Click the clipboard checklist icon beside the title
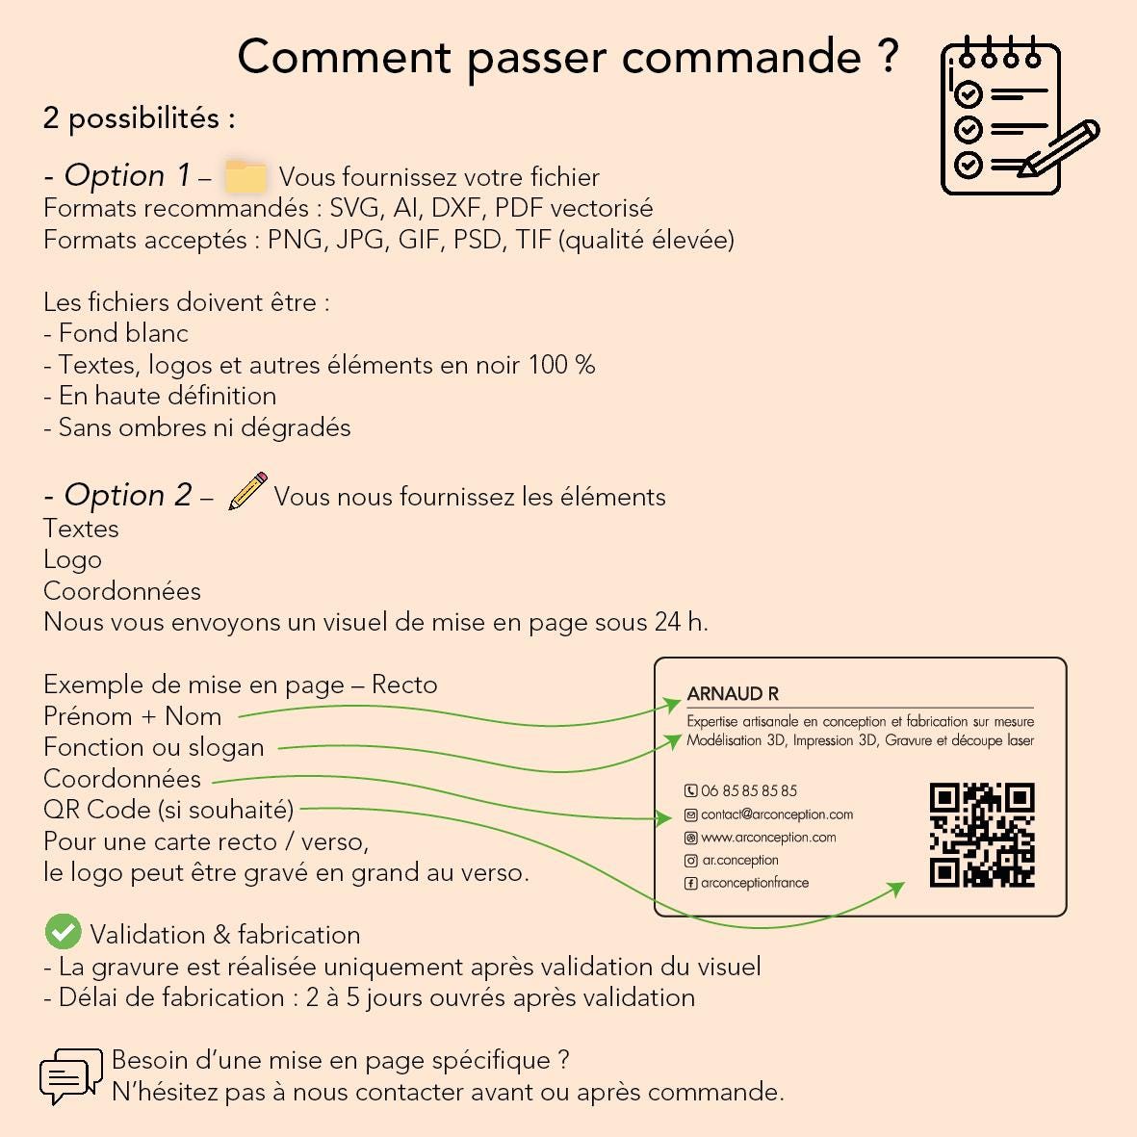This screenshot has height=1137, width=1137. coord(1019,116)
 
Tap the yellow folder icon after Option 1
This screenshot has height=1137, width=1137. coord(245,176)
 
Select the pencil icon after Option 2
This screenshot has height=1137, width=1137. coord(248,491)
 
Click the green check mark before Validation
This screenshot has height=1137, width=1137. coord(64,931)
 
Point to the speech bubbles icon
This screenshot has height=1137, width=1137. coord(70,1076)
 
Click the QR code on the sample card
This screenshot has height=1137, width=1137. coord(982,835)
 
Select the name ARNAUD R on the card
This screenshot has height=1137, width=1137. coord(733,694)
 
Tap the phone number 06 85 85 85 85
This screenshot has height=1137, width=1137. coord(749,790)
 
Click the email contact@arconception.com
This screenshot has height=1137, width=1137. coord(777,814)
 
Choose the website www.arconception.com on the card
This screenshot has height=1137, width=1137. coord(768,838)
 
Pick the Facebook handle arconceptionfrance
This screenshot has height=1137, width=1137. coord(755,883)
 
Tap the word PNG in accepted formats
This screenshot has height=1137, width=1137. coord(294,240)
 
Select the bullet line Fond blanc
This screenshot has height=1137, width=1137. coord(116,333)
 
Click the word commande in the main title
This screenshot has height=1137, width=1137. coord(741,58)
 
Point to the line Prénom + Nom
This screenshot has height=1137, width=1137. coord(133,715)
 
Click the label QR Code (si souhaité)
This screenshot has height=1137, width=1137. coord(168,810)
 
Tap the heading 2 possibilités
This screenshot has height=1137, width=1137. coord(140,118)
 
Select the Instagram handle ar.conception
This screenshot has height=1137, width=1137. coord(739,860)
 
